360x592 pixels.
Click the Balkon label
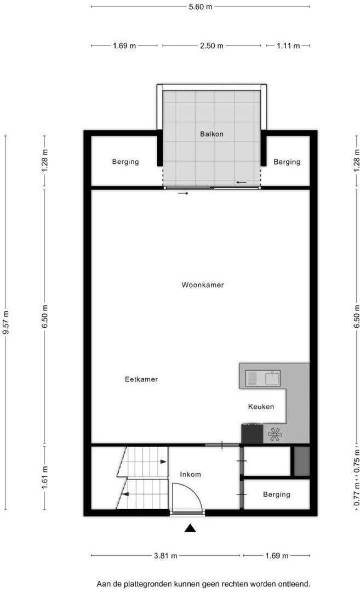(212, 134)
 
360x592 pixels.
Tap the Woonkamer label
(203, 285)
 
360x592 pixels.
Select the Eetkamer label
(141, 379)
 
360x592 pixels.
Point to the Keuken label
(261, 407)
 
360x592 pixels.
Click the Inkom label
(190, 475)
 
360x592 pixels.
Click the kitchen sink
(263, 378)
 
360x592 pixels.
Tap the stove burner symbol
(275, 435)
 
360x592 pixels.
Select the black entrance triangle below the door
(190, 528)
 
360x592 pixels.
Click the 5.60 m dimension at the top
(201, 7)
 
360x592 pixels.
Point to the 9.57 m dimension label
(5, 322)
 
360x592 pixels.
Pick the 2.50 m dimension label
(212, 46)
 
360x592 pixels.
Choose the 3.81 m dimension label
(165, 556)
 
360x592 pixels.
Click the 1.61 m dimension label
(44, 477)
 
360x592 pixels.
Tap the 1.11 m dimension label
(288, 46)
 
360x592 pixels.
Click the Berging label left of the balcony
(125, 162)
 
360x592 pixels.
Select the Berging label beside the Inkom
(277, 494)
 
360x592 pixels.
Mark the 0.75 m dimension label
(357, 461)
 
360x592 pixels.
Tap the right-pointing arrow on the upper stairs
(163, 462)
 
